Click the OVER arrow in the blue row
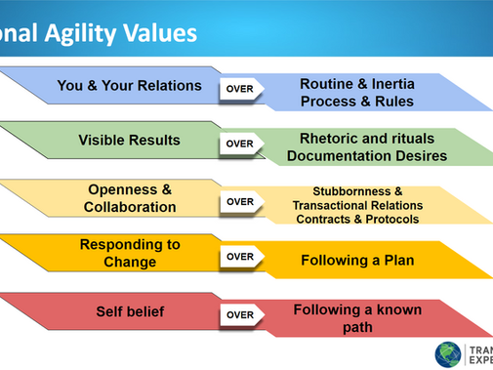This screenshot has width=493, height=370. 240,88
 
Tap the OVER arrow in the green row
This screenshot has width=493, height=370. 240,144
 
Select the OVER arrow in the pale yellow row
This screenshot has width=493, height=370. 240,201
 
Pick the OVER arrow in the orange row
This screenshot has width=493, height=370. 240,257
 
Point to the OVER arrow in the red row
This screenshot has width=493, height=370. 240,315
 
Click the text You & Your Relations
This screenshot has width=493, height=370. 129,86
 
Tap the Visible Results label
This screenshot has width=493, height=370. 129,141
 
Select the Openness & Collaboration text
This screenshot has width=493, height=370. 130,198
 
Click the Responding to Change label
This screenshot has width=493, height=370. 131,254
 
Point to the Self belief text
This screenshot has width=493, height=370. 129,312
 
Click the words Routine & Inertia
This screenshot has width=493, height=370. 357,83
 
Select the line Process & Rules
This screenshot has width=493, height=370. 357,102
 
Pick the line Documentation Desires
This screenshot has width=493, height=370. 359,156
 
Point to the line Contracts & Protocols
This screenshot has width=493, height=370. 357,219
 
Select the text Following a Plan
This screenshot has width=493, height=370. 357,261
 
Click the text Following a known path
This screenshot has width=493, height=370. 357,318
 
